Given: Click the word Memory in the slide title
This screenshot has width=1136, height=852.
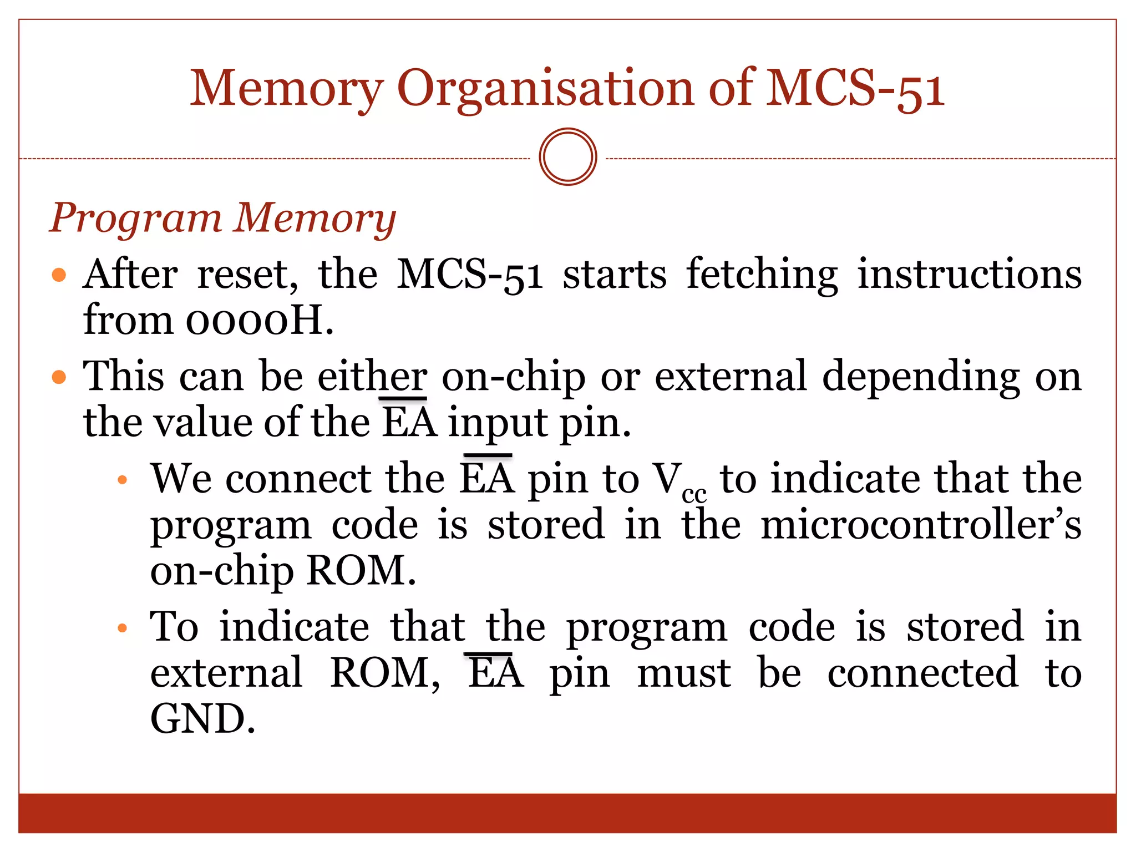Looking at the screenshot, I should (x=287, y=89).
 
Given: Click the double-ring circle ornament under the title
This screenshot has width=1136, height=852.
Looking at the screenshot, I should (x=567, y=157).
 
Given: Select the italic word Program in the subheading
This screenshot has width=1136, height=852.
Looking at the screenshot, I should (x=136, y=219).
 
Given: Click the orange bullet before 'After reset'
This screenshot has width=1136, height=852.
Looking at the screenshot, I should (x=59, y=275).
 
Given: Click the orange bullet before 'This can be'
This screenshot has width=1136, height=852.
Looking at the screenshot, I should (x=59, y=378).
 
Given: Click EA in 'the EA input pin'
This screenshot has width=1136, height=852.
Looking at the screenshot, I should (x=410, y=423).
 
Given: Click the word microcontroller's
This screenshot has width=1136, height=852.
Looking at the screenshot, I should (x=921, y=525).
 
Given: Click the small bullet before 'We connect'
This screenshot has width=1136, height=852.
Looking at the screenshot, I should (x=123, y=480).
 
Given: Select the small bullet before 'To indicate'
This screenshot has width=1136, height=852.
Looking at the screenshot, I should (x=123, y=628).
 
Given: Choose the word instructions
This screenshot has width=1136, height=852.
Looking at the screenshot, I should (x=970, y=275).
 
